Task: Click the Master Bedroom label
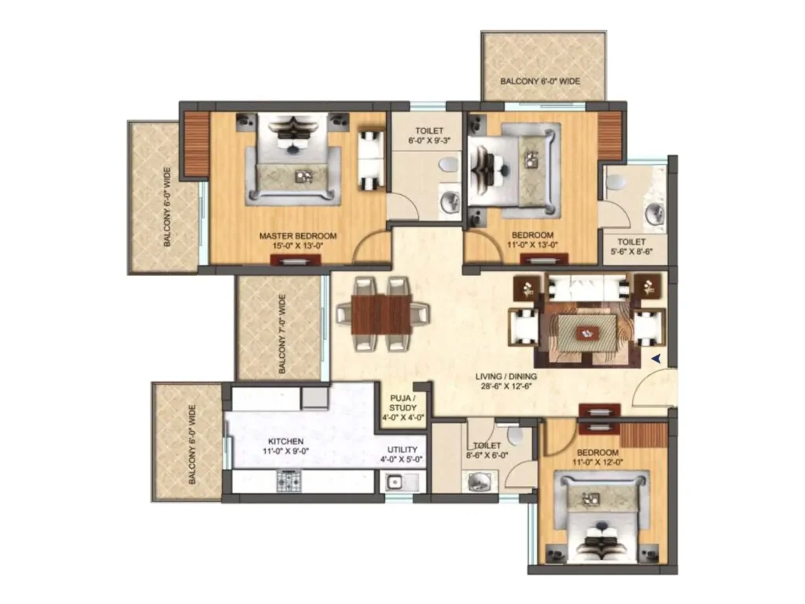[298, 236]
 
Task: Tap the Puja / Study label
[402, 403]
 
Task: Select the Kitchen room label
[285, 441]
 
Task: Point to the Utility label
[402, 449]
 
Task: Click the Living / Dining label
[505, 377]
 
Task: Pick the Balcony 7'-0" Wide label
[282, 333]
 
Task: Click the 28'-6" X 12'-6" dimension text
[505, 386]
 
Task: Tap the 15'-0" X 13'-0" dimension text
[298, 245]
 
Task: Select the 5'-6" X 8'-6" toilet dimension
[631, 252]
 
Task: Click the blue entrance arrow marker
[656, 359]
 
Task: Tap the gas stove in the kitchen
[289, 481]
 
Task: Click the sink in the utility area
[395, 482]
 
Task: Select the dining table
[381, 314]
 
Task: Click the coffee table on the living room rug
[587, 333]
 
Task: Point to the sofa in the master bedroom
[371, 160]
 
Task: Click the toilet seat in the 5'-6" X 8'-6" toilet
[615, 182]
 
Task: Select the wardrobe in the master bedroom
[197, 144]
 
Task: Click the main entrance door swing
[652, 387]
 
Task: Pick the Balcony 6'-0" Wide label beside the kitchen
[192, 444]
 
